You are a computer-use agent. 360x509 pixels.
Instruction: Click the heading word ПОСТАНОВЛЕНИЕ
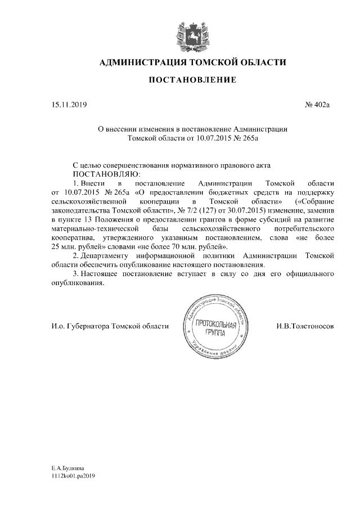(x=192, y=81)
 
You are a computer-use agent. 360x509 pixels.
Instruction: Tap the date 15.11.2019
(x=66, y=105)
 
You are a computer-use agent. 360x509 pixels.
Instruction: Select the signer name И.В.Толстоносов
(x=306, y=326)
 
